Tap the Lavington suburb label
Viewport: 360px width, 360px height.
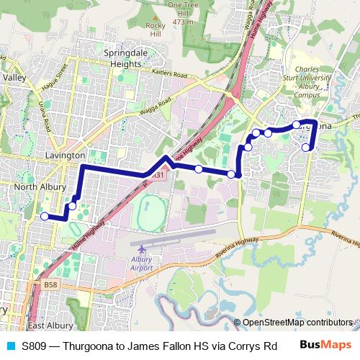tap(65, 155)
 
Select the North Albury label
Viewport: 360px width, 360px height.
tap(36, 187)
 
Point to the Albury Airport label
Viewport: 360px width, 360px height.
tap(142, 264)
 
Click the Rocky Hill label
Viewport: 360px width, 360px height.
tap(156, 30)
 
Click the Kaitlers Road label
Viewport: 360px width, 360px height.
tap(169, 74)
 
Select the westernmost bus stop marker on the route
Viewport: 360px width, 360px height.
tap(45, 216)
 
